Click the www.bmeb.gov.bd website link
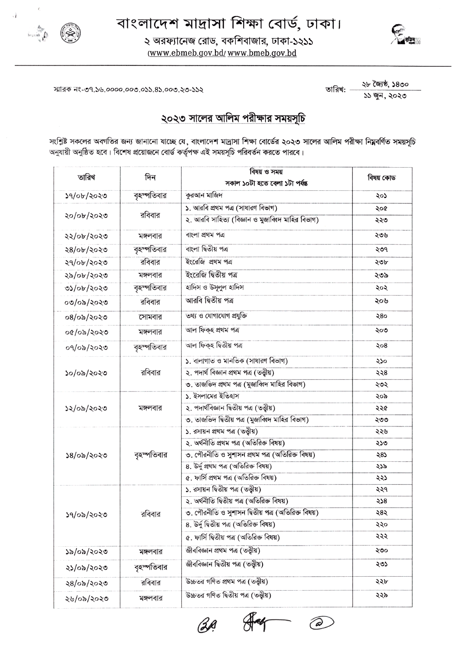click(x=262, y=53)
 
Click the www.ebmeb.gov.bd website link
click(x=187, y=53)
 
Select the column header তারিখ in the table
click(x=86, y=177)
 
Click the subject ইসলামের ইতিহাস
click(x=212, y=396)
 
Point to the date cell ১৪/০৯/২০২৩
click(x=86, y=455)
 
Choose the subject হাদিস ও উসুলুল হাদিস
click(x=215, y=287)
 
